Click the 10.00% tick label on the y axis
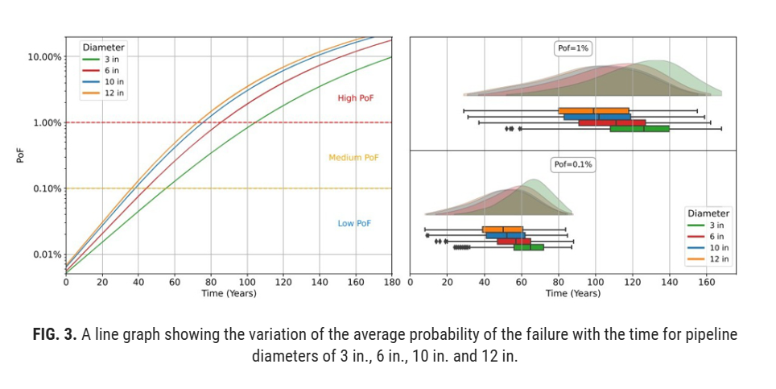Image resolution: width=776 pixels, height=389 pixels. click(45, 57)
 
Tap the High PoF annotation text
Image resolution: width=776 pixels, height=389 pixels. click(355, 98)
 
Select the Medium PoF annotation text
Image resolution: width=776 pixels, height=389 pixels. click(353, 158)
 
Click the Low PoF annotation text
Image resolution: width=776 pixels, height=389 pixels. click(354, 223)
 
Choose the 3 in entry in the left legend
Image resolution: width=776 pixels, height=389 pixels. click(111, 60)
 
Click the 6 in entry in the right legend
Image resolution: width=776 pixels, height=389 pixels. click(716, 237)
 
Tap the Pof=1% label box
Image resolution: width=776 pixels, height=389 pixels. click(573, 49)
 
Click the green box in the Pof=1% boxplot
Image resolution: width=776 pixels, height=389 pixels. click(639, 128)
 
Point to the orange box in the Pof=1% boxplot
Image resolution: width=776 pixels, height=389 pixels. click(593, 110)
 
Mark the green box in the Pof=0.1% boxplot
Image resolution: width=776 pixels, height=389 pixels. click(529, 247)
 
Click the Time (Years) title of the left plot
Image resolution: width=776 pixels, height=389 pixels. click(229, 293)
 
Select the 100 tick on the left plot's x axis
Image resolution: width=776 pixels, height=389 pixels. click(246, 283)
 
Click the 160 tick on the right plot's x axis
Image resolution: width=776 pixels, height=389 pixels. click(706, 283)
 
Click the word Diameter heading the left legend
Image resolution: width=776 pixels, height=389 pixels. click(103, 48)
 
